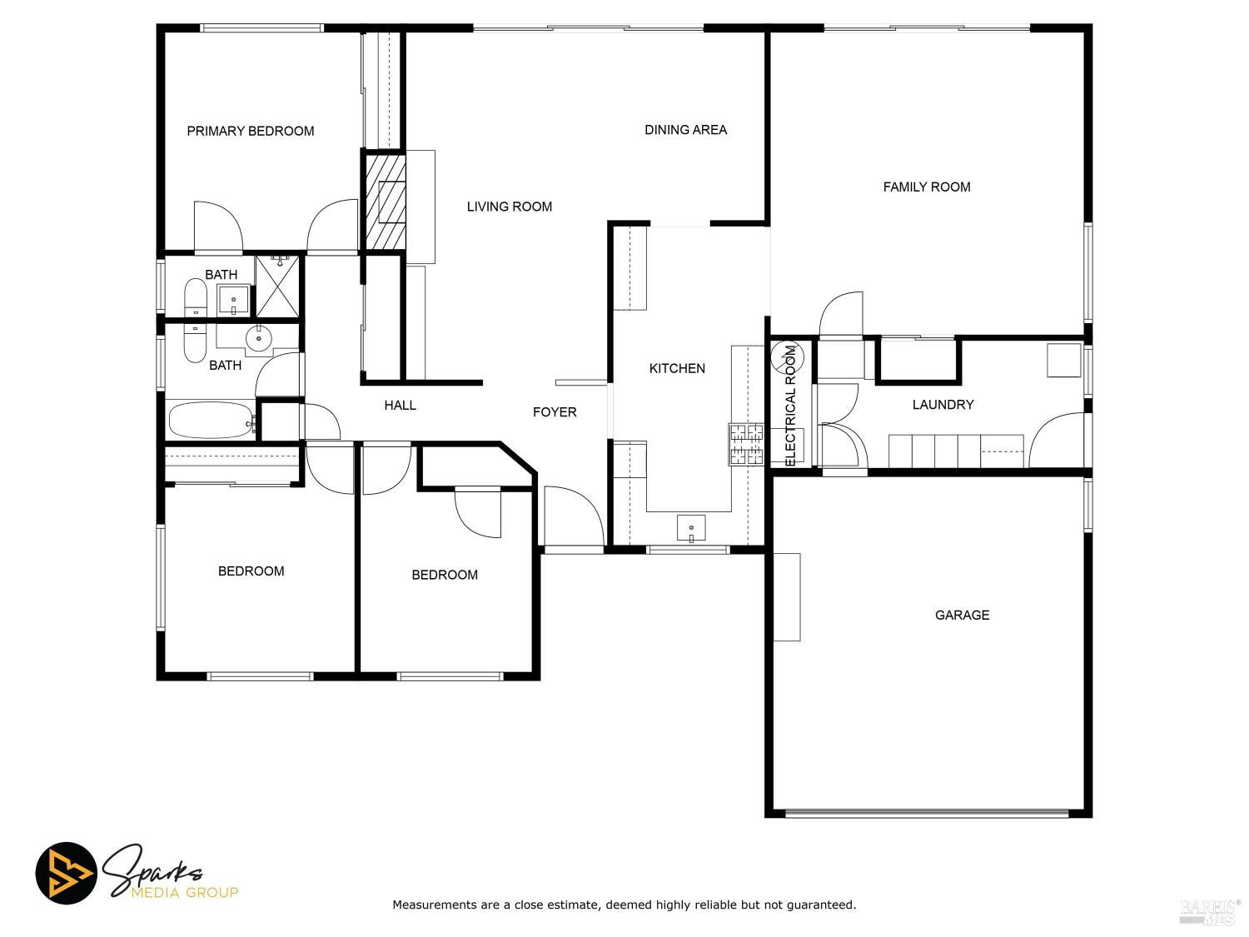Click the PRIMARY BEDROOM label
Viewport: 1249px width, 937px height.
(x=250, y=131)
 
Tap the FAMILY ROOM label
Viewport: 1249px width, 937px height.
(x=926, y=187)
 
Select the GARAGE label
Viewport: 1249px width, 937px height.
(x=962, y=615)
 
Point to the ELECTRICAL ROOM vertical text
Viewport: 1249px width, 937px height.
(x=791, y=405)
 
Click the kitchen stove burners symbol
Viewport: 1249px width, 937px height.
(x=747, y=443)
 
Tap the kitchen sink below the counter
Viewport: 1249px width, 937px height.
(x=691, y=528)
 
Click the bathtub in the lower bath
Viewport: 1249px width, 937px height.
(x=211, y=421)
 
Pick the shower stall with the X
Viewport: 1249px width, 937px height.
(x=278, y=287)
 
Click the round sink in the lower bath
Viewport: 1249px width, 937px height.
(x=259, y=337)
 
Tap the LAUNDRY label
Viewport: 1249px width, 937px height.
(x=943, y=405)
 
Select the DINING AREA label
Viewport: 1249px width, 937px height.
(x=685, y=129)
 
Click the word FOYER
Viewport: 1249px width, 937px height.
(x=555, y=411)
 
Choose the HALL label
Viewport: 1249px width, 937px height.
(x=400, y=405)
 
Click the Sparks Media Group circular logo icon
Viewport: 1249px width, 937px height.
(x=66, y=874)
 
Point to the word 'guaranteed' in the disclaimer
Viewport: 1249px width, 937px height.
(x=822, y=905)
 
